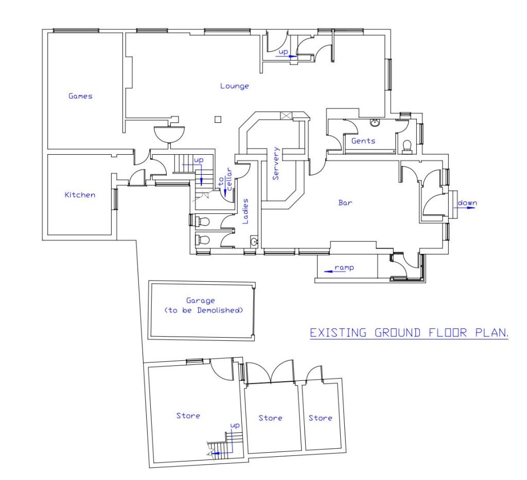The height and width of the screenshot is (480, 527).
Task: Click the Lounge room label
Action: (x=234, y=86)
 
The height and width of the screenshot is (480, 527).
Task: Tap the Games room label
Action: (x=81, y=96)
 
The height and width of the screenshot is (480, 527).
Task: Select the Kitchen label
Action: (x=80, y=195)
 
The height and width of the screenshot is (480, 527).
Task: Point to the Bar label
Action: (x=344, y=203)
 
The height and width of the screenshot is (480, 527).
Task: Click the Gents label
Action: (x=363, y=141)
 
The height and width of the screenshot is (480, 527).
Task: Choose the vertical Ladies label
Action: (x=245, y=211)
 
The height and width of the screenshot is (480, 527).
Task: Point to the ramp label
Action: (x=343, y=268)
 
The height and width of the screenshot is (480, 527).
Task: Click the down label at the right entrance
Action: (x=467, y=202)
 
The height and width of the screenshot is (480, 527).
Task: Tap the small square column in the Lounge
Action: (x=218, y=120)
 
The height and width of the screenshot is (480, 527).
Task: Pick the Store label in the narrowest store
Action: (x=320, y=418)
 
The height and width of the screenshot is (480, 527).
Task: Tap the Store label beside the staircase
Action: (x=188, y=416)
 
